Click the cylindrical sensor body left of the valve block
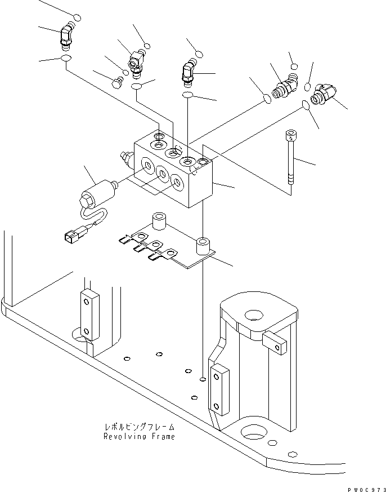[96, 192]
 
